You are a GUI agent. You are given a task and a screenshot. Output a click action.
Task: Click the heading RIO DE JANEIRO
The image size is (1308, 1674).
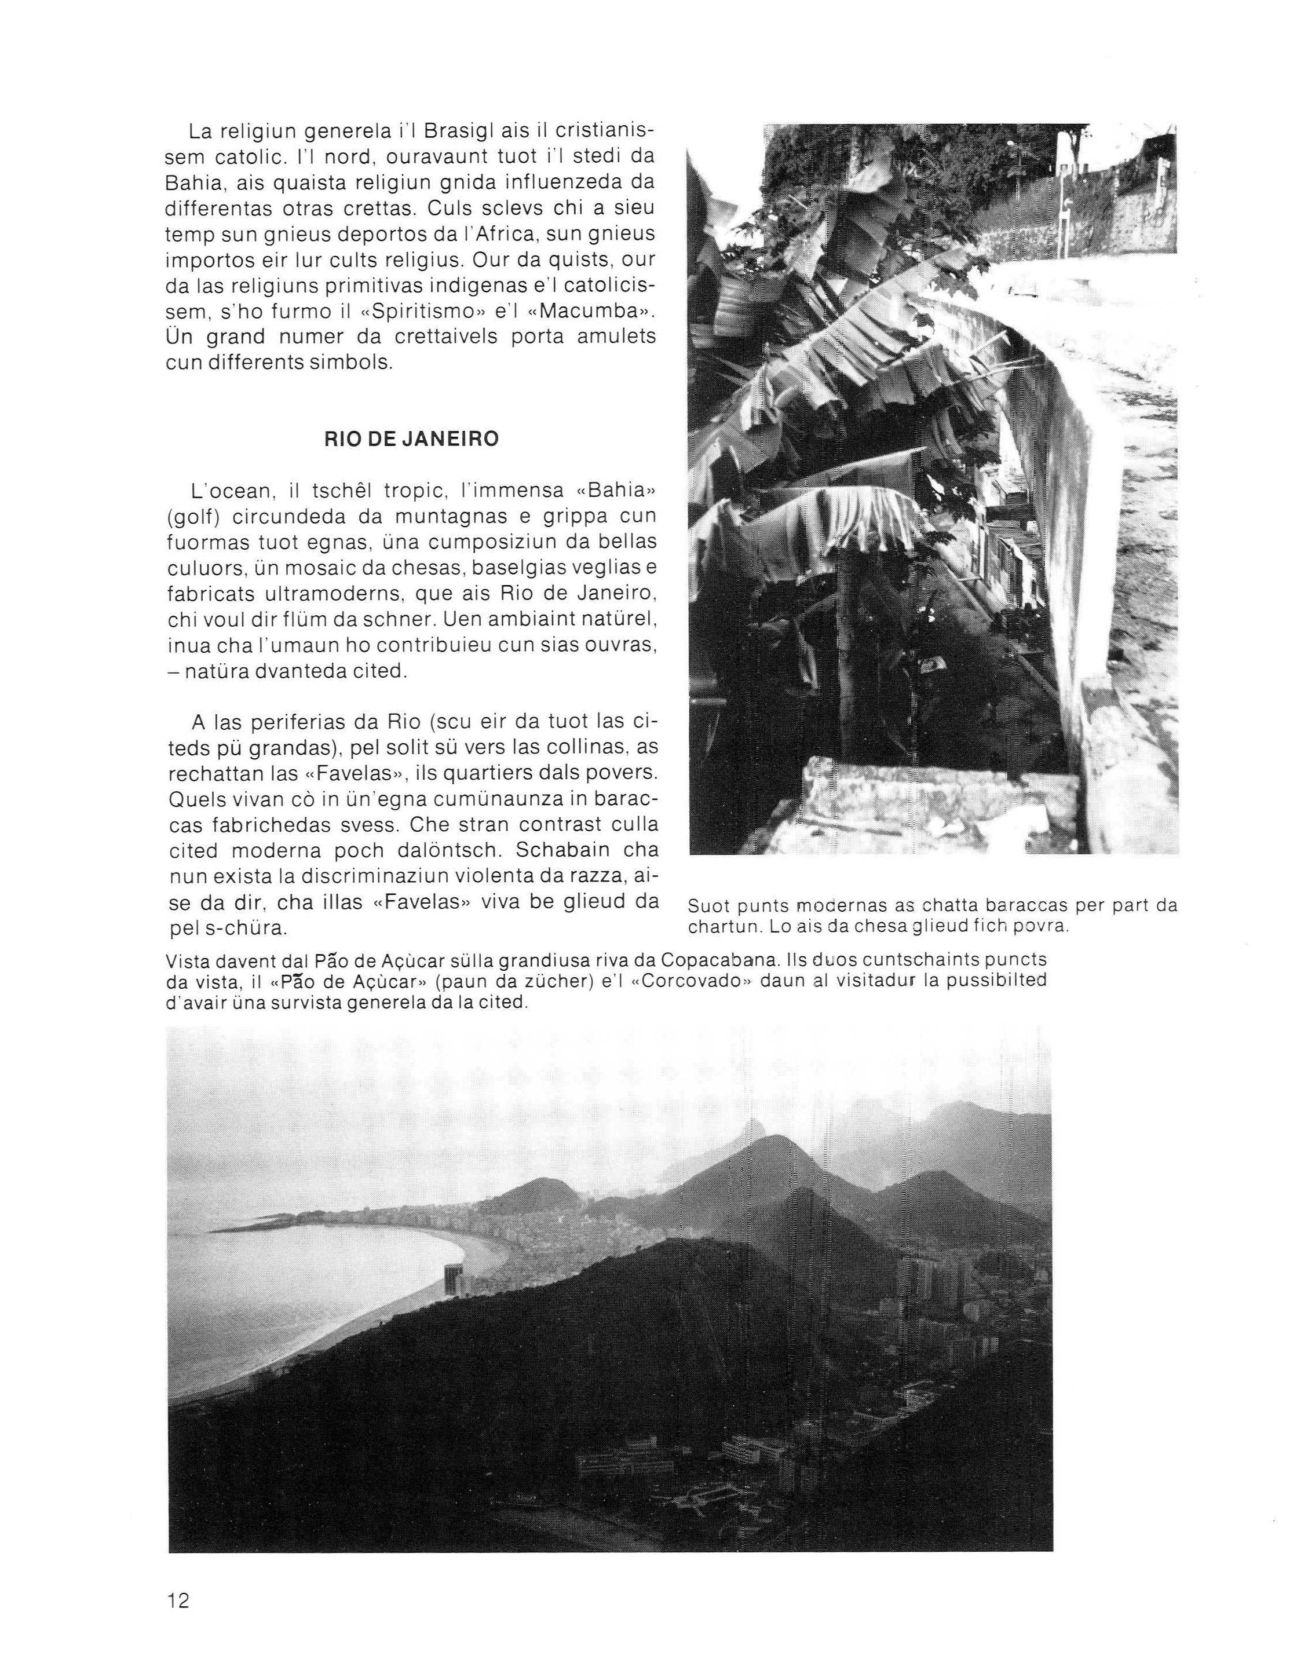[x=412, y=439]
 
